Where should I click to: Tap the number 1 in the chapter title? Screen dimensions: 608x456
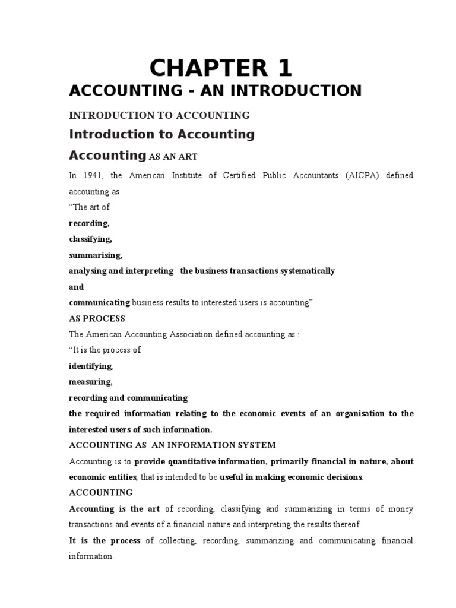[x=282, y=69]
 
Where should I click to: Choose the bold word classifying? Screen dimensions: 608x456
[x=90, y=239]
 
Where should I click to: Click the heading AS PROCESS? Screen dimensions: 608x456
[x=97, y=318]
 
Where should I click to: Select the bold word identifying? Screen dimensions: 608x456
[x=91, y=366]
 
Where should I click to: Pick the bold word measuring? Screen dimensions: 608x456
[x=91, y=382]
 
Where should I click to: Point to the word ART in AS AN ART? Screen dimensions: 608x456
[x=186, y=157]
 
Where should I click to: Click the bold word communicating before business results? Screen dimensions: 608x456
[x=99, y=303]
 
